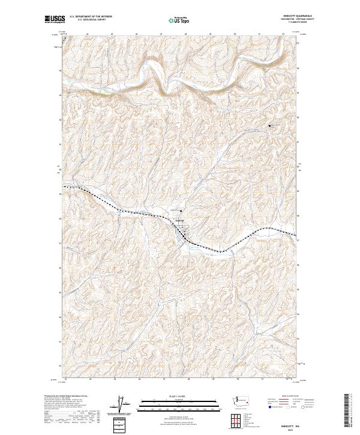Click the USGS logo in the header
click(x=56, y=19)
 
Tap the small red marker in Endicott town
click(x=185, y=233)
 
